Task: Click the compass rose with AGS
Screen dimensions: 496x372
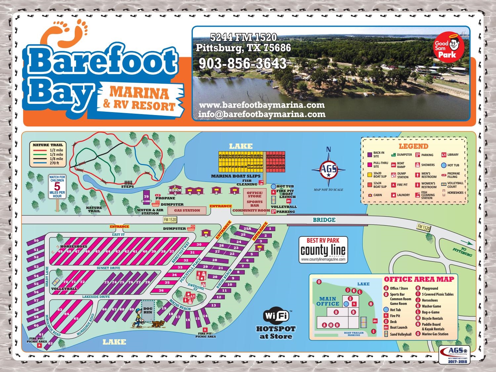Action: pos(329,170)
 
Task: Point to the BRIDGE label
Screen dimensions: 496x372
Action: pos(324,220)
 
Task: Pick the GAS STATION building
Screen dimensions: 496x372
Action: pos(187,210)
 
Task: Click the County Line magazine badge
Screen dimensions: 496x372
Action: pos(323,250)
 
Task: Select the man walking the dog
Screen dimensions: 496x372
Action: pos(140,320)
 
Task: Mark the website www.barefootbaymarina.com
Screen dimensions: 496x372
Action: pos(262,105)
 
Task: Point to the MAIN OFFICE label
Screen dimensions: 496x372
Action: pos(328,301)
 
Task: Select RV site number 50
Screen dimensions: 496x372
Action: pos(36,241)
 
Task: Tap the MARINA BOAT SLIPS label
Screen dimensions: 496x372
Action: pos(236,176)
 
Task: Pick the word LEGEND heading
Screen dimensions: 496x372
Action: pos(413,146)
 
